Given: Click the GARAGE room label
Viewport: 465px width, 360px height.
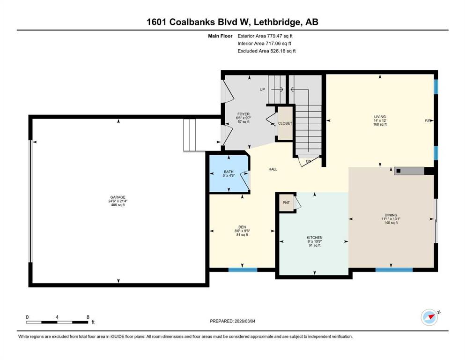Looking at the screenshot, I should coord(117,197).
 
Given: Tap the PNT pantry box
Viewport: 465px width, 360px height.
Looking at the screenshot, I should coord(286,203).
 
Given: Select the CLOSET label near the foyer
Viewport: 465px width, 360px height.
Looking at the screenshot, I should coord(285,123).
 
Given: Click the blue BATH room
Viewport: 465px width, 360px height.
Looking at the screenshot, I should coord(229,172).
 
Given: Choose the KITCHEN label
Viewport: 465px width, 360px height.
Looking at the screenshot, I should coord(314,238).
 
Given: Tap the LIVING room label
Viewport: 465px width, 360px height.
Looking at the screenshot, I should coord(380,117).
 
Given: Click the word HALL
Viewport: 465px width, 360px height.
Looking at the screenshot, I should coord(273,169).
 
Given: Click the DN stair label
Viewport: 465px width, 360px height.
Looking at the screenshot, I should coord(308,161).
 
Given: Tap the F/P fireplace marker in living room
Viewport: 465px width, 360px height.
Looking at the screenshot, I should coord(427,121).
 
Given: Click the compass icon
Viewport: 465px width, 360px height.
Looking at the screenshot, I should coord(429,317).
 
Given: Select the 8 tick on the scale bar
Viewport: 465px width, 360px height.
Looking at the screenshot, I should coord(88,317).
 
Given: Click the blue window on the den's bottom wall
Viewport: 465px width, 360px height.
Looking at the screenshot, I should coord(243,270).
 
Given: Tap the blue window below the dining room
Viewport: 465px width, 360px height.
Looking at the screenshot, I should coord(394,270).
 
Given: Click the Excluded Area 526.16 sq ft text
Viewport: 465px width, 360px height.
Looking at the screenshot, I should coord(266,51).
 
